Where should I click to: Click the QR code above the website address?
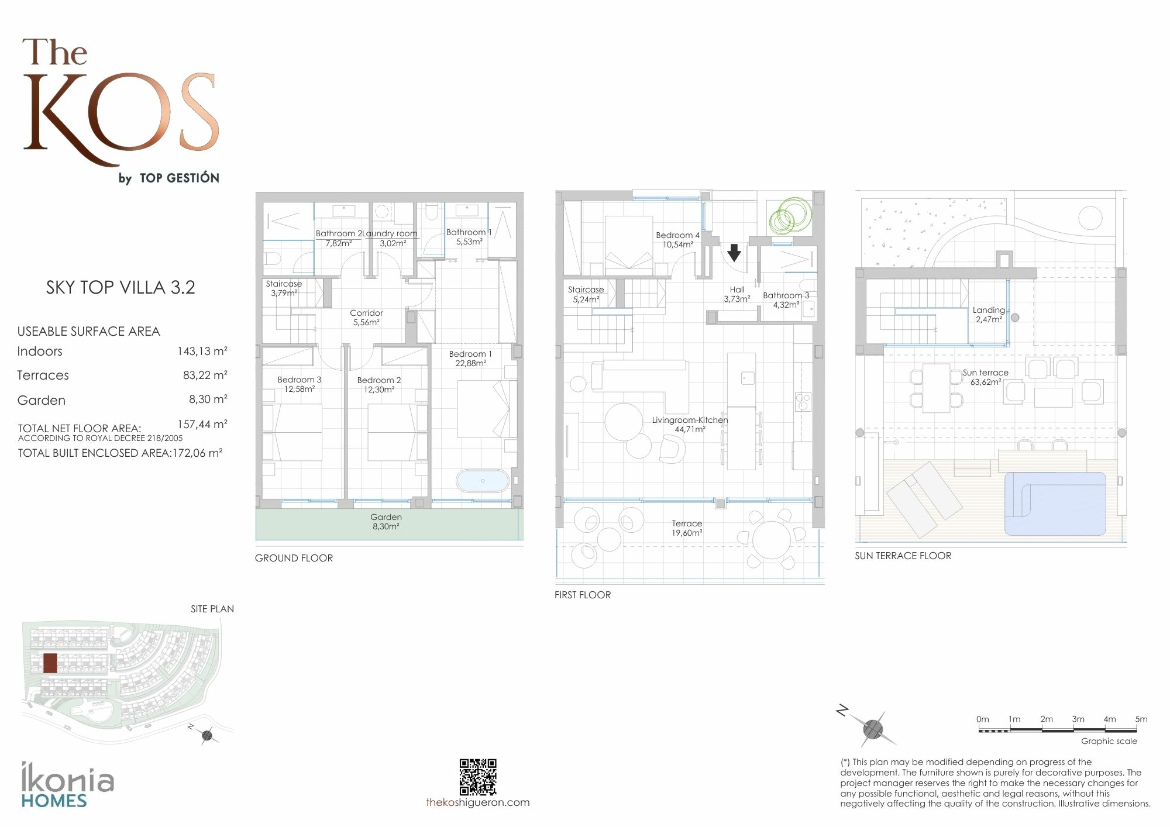478,777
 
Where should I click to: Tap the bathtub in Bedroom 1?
483,481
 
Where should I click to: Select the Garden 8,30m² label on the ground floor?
386,522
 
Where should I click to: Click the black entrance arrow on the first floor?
734,253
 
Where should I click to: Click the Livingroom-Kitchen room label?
690,420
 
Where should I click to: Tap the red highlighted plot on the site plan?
50,663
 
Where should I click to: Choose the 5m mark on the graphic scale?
1141,719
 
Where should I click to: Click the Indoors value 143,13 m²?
202,352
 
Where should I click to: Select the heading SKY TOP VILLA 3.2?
121,287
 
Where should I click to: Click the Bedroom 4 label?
677,235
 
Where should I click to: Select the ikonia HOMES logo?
68,785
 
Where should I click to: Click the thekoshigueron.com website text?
478,802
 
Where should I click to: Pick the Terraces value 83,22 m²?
205,375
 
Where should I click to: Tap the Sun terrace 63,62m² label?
986,377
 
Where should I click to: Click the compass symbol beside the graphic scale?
872,728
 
